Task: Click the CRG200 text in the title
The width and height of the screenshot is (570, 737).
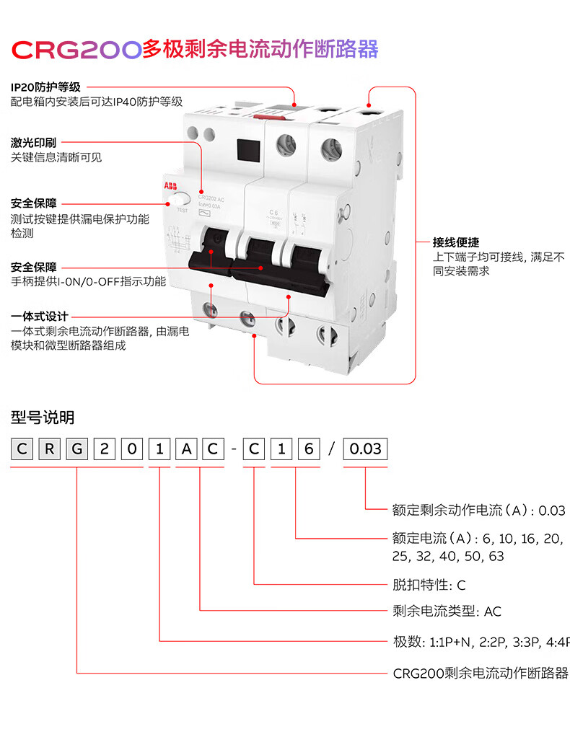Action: click(x=76, y=49)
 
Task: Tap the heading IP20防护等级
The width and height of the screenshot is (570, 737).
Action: click(x=45, y=87)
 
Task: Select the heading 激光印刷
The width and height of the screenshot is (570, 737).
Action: click(x=33, y=142)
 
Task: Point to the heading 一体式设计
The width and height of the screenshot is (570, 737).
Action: click(x=40, y=317)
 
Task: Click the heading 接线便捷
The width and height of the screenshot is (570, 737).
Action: click(x=456, y=242)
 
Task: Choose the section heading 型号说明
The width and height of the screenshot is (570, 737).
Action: click(x=43, y=418)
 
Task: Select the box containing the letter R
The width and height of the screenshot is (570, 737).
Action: click(x=49, y=449)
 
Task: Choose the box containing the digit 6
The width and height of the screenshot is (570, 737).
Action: click(x=308, y=449)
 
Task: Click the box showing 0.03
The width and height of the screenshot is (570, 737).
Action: click(x=365, y=449)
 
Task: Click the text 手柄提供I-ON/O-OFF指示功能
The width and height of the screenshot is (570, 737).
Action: click(x=88, y=281)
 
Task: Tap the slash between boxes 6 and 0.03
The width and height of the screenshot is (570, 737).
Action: click(x=331, y=449)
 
